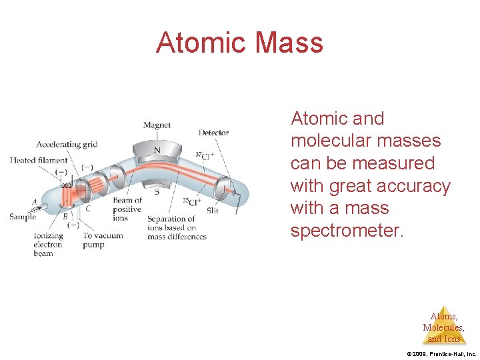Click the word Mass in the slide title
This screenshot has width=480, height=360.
pos(289,43)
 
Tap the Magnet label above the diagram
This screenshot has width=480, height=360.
pos(157,125)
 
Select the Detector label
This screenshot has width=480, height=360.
pos(213,133)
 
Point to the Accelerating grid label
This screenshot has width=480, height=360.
pos(67,144)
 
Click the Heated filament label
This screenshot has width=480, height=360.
pos(39,160)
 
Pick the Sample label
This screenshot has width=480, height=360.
pos(22,217)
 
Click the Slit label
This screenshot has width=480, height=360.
pos(212,211)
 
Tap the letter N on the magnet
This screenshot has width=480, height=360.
pos(157,150)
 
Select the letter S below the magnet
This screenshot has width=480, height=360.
pos(157,192)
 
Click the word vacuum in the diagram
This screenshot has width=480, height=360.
pos(109,235)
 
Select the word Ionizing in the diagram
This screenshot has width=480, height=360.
pos(48,235)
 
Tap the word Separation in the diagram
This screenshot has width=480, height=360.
pos(171,219)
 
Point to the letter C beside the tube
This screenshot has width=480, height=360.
pos(88,208)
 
